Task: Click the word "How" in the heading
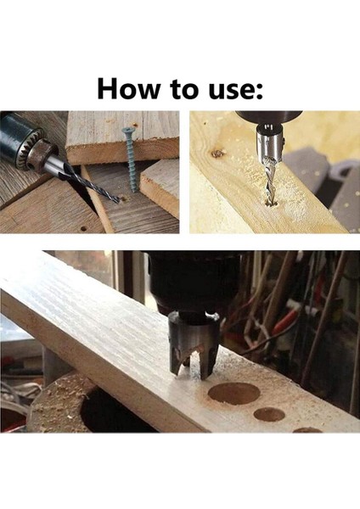tap(129, 88)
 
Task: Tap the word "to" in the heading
tap(183, 89)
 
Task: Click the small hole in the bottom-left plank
tap(83, 228)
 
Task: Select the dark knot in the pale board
tap(216, 154)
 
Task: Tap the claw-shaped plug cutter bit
tap(194, 344)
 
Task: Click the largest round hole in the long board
tap(234, 393)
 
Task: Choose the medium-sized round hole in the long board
tap(269, 414)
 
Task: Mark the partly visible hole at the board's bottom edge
tap(307, 430)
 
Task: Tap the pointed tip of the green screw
tap(134, 192)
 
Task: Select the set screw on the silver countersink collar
tap(284, 142)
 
